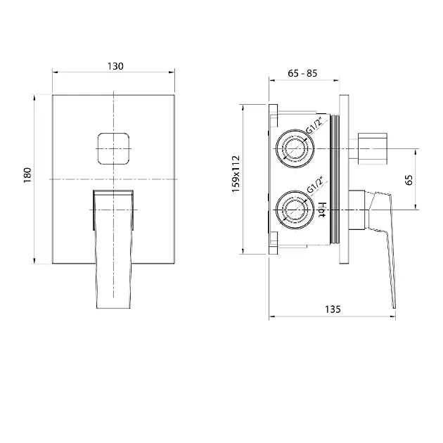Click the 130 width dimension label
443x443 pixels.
(115, 66)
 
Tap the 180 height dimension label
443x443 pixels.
(27, 175)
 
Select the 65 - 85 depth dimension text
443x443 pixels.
(302, 73)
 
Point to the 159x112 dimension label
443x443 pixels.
(236, 174)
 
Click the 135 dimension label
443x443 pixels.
(333, 309)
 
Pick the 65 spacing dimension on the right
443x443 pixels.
(409, 180)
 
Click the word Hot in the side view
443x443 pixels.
(322, 210)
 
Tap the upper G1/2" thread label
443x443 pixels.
(314, 124)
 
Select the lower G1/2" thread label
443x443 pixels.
(314, 184)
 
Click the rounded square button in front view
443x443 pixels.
(113, 148)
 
